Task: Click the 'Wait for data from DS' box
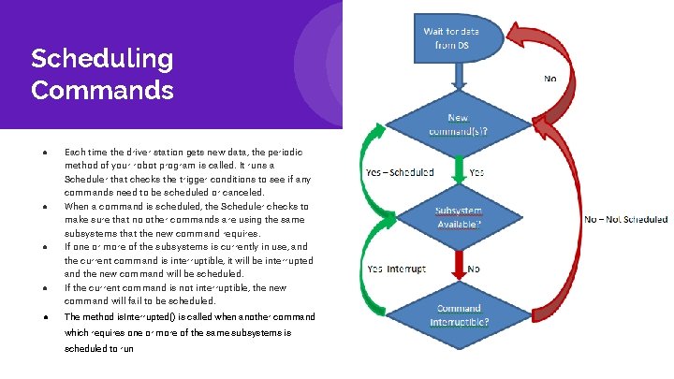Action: click(x=459, y=38)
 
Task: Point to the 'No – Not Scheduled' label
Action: click(x=626, y=219)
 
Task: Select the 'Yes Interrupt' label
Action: click(x=397, y=269)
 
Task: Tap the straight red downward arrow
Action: click(x=459, y=266)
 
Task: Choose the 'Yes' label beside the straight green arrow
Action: click(x=476, y=172)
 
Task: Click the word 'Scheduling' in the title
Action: click(x=102, y=59)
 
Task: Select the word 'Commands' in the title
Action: click(x=102, y=90)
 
